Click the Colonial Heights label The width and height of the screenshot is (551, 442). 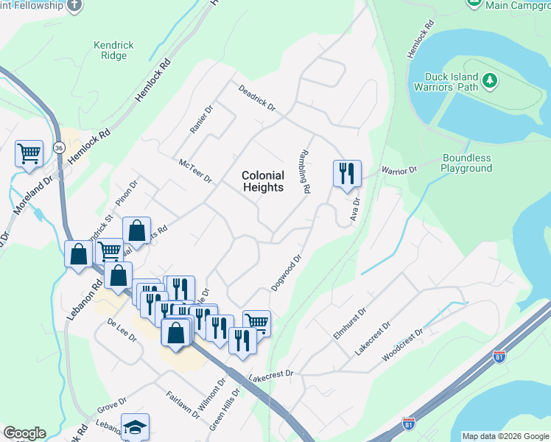(263, 181)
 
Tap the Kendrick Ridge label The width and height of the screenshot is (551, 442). (113, 50)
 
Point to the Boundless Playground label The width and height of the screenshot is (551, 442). (466, 163)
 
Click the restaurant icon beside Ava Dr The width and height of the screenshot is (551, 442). (347, 174)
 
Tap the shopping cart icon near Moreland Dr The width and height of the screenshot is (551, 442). (29, 154)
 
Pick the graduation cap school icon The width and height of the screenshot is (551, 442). (135, 427)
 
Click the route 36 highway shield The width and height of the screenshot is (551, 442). (57, 148)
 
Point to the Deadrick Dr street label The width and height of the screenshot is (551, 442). (256, 98)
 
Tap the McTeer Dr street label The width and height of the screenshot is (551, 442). (195, 170)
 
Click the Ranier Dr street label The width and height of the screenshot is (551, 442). (201, 119)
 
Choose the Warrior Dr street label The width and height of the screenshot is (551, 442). (399, 170)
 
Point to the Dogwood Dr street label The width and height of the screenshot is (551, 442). (287, 273)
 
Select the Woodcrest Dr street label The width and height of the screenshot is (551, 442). (402, 345)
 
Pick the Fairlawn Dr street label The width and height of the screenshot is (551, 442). (183, 404)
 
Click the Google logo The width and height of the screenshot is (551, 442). (24, 433)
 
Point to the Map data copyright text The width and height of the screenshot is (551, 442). (505, 436)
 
